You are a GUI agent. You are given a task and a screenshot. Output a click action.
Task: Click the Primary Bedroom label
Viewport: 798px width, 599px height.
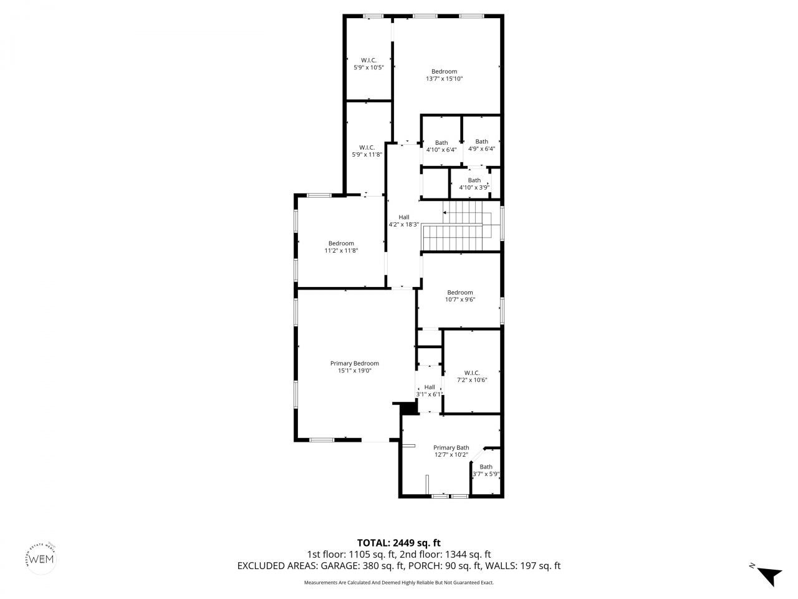(x=354, y=363)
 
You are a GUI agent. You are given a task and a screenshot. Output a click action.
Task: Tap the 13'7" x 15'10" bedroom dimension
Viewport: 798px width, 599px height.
(x=444, y=79)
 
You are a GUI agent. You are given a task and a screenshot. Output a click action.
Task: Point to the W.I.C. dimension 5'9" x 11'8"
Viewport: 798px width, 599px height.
(x=367, y=155)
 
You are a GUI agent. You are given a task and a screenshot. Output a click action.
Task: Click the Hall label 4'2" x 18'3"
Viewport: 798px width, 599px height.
(x=404, y=225)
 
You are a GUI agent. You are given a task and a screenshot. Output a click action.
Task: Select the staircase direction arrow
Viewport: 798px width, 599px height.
(x=445, y=213)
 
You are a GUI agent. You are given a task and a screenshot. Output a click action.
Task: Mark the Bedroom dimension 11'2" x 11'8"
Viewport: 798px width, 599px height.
(x=341, y=251)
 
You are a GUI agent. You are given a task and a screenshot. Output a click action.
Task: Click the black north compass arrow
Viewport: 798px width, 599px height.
(x=770, y=575)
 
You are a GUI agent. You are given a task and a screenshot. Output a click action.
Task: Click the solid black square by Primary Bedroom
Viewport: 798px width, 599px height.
(x=408, y=407)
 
